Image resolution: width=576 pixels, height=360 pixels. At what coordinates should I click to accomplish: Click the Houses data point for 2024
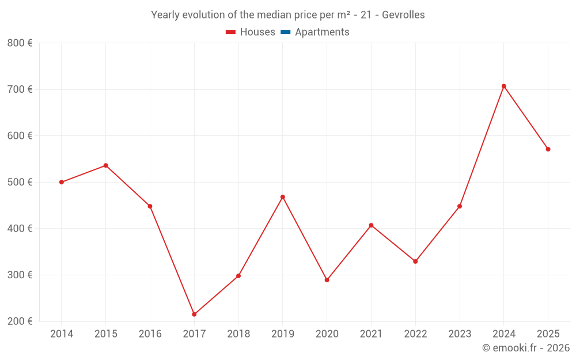(503, 86)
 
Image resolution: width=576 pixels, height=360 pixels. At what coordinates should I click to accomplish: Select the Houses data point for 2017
(194, 314)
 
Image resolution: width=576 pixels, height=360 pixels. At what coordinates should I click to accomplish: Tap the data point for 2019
(283, 197)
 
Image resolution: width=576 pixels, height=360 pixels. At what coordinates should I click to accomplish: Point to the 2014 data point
(62, 182)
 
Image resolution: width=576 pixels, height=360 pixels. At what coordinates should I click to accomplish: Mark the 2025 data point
(548, 149)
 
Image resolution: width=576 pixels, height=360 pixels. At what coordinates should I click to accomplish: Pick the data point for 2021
(371, 225)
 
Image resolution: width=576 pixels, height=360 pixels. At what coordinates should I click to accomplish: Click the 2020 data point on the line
(327, 280)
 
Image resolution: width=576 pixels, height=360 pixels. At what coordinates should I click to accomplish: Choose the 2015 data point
(106, 165)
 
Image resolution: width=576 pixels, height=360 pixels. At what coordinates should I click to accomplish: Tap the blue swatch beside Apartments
(285, 32)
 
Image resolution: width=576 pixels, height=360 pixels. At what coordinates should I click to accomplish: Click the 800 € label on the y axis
(20, 43)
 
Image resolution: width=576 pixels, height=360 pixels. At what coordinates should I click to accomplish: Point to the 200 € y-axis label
(20, 321)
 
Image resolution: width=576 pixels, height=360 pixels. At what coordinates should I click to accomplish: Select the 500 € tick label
(20, 182)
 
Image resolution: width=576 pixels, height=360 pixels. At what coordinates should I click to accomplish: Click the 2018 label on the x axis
(238, 334)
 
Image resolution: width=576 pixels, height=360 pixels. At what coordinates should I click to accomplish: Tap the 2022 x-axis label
(415, 334)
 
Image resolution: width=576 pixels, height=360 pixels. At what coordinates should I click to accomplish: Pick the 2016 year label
(150, 334)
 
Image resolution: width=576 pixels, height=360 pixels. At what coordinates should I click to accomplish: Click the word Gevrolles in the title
(403, 15)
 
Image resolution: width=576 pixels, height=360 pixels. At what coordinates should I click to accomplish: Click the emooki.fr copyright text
(526, 348)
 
